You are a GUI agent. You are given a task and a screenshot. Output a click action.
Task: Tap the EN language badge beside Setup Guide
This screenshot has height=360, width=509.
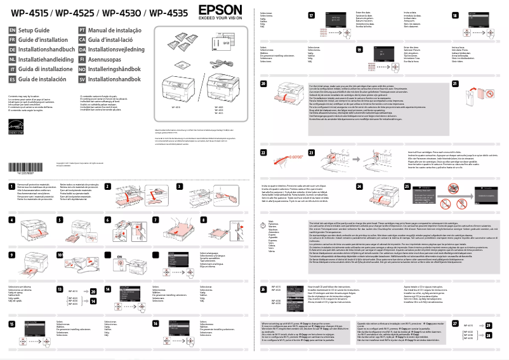[12, 30]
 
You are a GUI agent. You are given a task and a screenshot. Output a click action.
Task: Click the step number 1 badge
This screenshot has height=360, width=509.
[12, 186]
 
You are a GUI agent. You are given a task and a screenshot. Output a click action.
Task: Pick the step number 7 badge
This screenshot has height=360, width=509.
[156, 220]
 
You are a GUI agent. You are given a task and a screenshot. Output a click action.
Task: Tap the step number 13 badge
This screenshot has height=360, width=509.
[59, 288]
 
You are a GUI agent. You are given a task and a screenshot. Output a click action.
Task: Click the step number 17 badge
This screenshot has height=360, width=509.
[311, 14]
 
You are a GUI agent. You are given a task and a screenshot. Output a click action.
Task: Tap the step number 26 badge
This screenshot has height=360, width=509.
[263, 288]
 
